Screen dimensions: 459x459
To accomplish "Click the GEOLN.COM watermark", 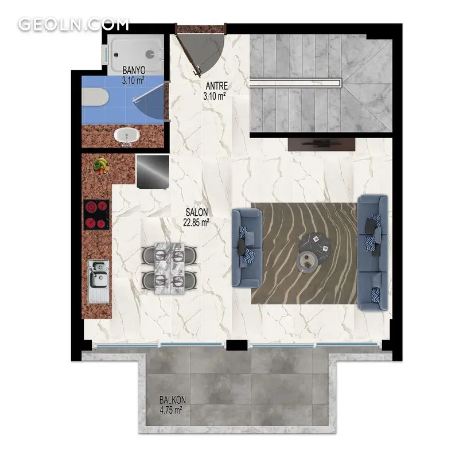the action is click(x=73, y=24).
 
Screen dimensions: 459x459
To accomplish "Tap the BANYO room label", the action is click(x=134, y=70).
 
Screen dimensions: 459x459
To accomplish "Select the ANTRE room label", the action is click(x=217, y=85).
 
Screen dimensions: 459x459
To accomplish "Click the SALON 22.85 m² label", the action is click(x=196, y=217).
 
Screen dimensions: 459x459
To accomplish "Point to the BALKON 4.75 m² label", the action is click(x=173, y=405).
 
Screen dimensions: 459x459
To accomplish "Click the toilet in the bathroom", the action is click(x=95, y=97).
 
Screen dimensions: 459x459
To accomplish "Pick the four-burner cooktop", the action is click(x=96, y=215).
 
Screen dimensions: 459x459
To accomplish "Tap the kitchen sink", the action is click(x=99, y=281).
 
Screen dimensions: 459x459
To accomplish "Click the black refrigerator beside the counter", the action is click(x=153, y=172).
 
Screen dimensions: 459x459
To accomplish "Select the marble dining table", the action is click(x=169, y=268).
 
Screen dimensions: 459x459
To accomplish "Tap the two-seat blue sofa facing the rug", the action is click(x=247, y=247).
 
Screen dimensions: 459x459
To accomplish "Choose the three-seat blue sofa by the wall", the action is click(x=372, y=252).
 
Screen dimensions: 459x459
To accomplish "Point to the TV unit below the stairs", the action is click(x=321, y=145).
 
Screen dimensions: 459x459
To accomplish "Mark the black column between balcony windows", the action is click(x=237, y=345).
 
